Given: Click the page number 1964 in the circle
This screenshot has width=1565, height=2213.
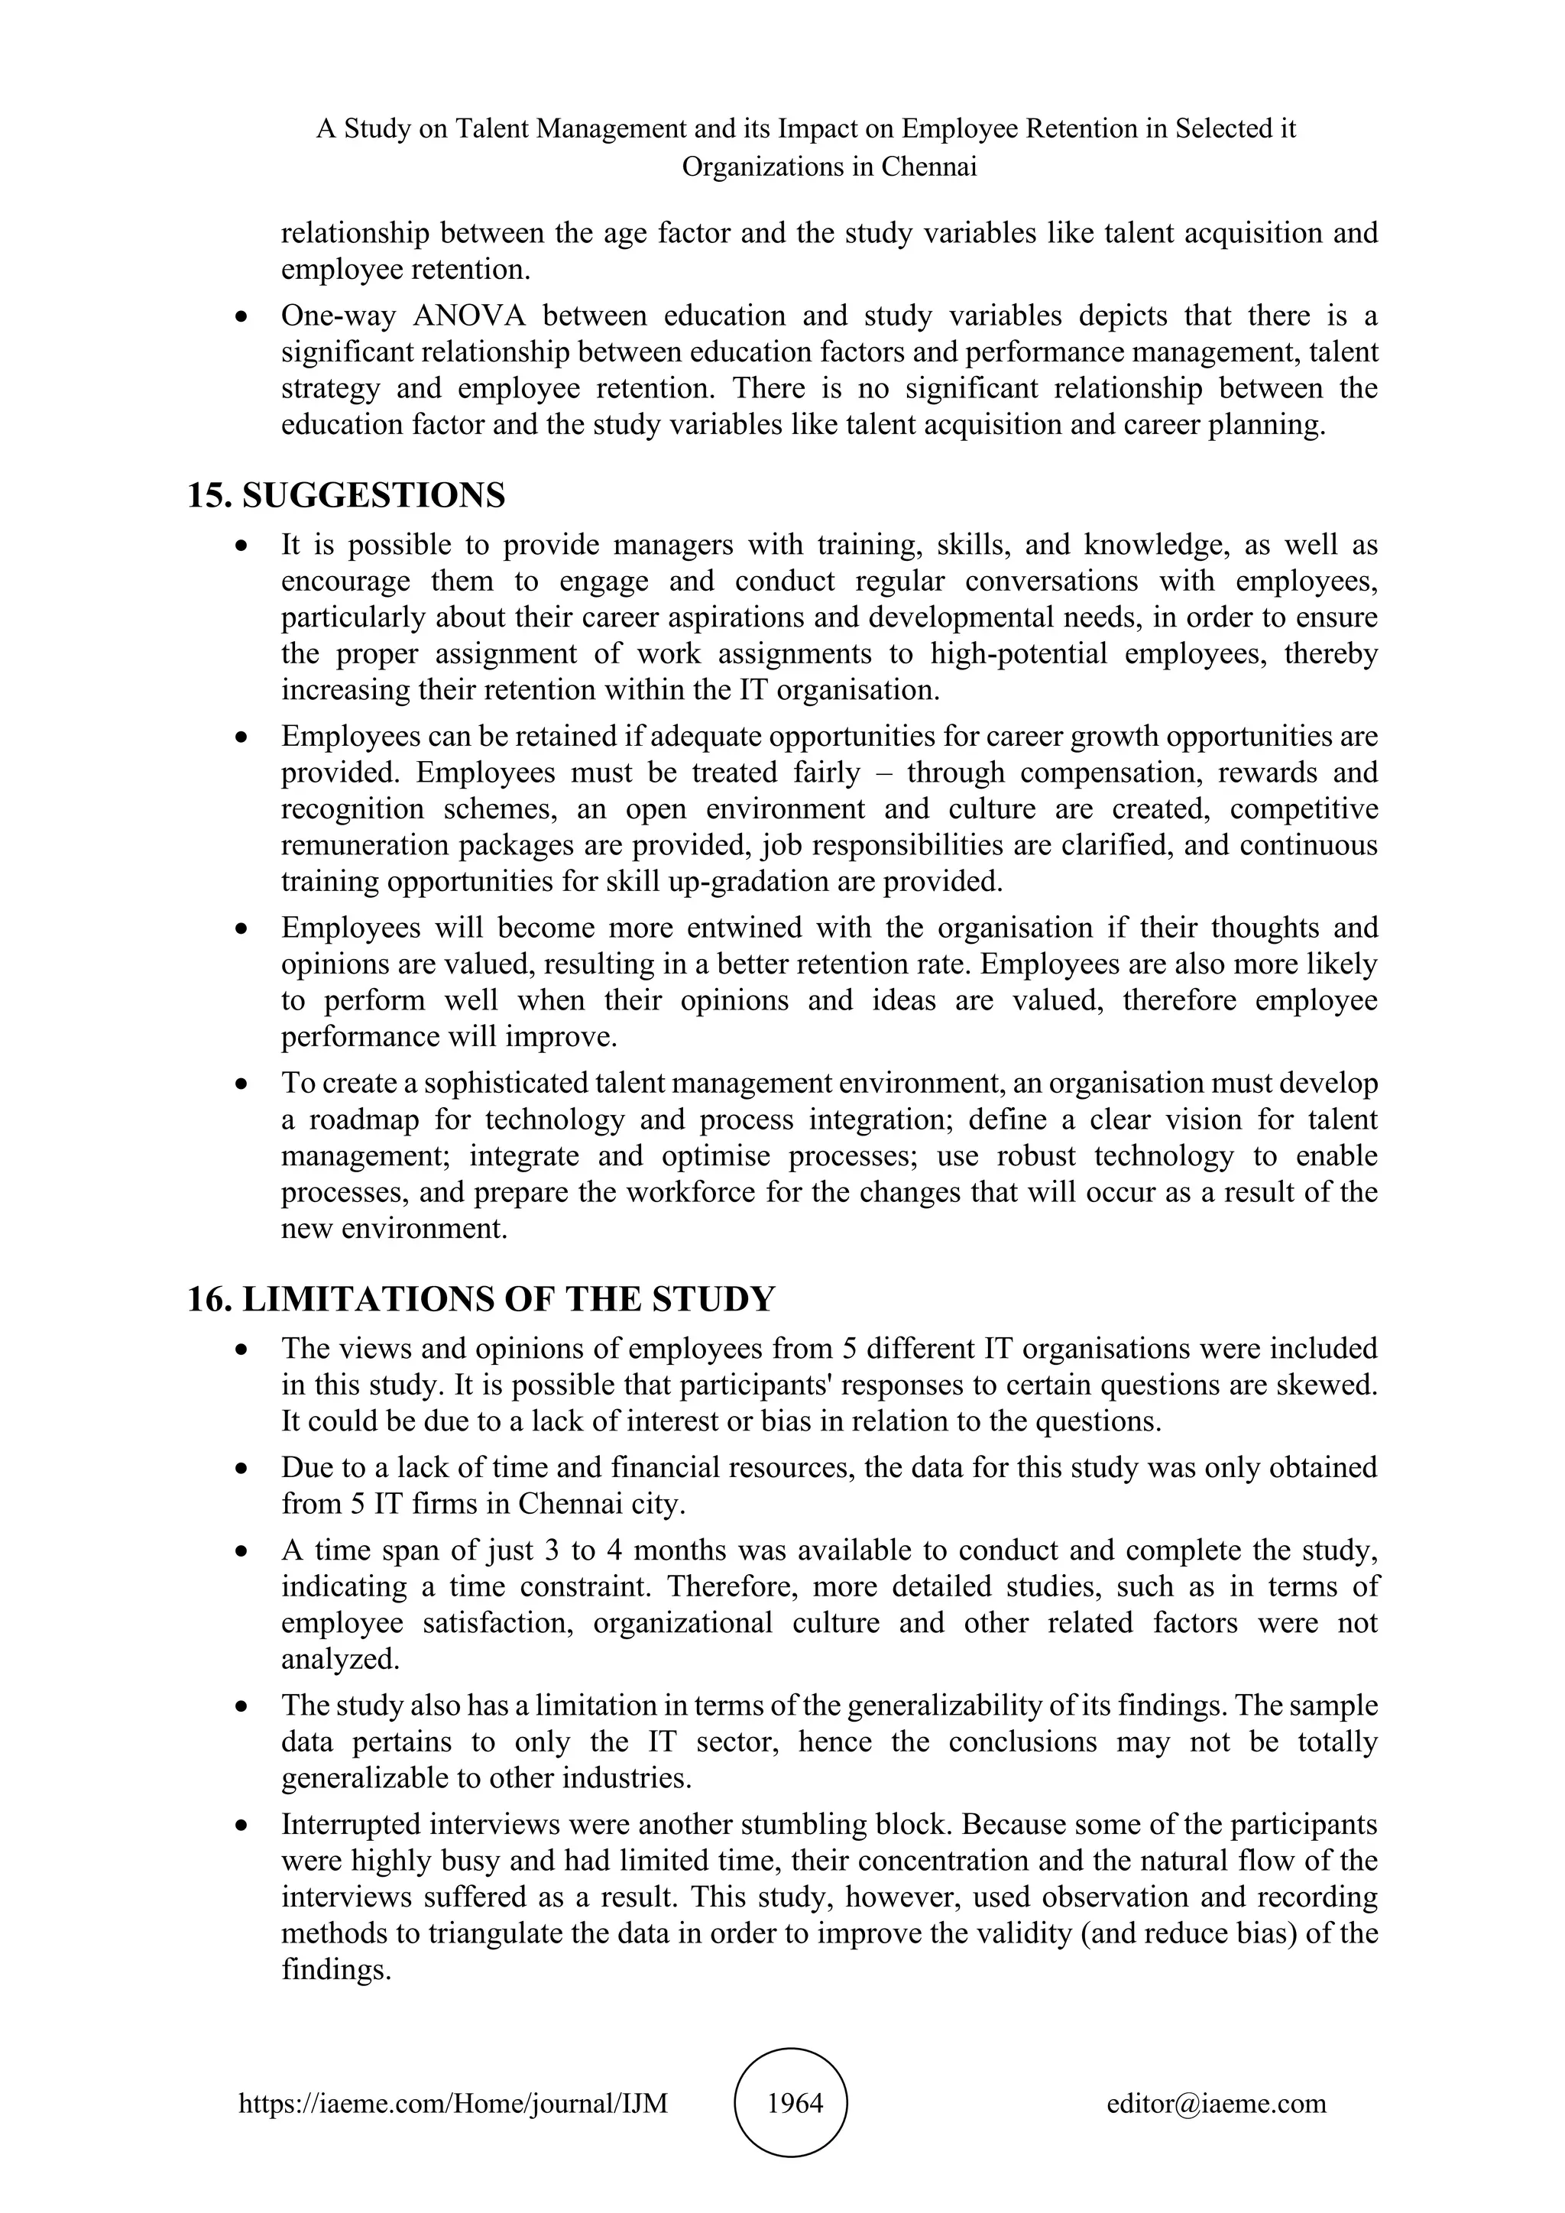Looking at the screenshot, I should click(795, 2102).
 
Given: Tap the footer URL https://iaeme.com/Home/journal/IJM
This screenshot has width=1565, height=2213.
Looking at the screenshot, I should click(453, 2102).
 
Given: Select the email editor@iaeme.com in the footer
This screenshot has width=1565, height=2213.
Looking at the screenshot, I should click(1216, 2102).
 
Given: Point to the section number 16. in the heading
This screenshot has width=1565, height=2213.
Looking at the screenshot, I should click(209, 1298).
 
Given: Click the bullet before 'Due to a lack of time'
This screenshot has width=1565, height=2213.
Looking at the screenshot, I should click(243, 1469).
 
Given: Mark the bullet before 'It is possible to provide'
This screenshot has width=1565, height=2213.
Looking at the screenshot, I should click(243, 546).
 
